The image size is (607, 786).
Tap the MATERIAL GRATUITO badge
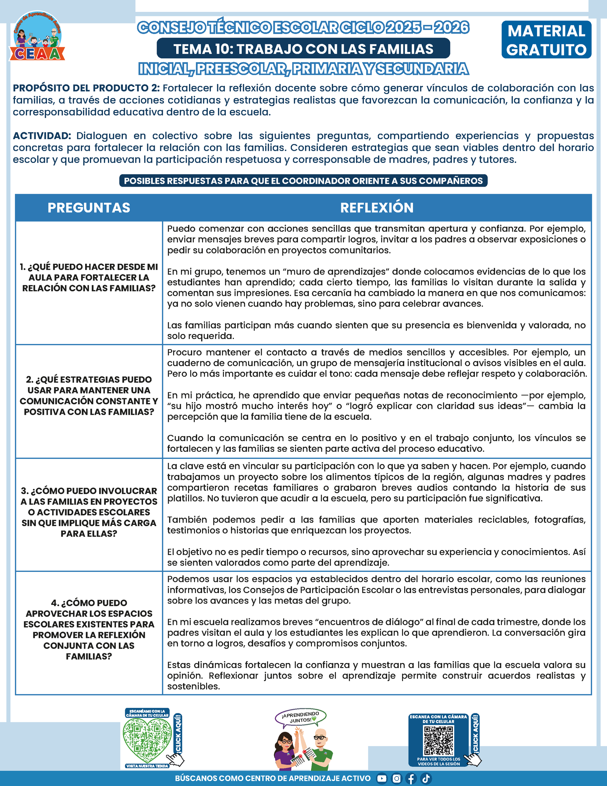(x=546, y=40)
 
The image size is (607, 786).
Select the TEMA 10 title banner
(x=303, y=49)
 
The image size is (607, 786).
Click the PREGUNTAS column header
(x=89, y=208)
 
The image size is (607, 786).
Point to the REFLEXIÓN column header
(x=376, y=208)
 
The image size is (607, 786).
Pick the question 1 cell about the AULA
(x=89, y=278)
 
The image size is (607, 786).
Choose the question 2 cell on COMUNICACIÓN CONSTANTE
(x=89, y=395)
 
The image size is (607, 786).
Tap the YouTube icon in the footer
(x=381, y=779)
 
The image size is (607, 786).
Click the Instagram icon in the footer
(x=396, y=779)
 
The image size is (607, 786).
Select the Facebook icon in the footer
(x=411, y=779)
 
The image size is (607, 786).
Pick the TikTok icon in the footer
(x=426, y=779)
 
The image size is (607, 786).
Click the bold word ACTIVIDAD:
(x=42, y=136)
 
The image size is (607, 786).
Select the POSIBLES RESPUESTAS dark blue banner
(x=303, y=181)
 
